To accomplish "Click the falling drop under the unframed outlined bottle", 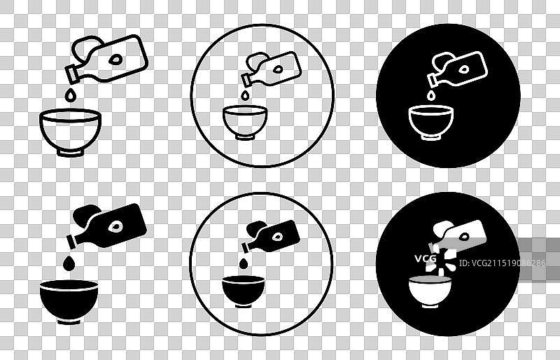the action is [71, 95].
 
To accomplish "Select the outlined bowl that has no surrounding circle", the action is [71, 132].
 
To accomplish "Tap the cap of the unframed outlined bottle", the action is [72, 74].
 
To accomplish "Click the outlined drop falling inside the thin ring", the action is [244, 95].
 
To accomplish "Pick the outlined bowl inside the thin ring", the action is [244, 123].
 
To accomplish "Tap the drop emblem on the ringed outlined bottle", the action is [278, 69].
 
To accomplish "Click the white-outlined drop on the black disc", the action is [431, 95].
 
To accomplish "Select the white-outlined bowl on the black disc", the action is [431, 123].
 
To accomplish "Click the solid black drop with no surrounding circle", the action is [69, 263].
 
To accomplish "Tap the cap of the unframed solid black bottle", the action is [71, 242].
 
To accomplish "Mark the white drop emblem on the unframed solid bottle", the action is [115, 227].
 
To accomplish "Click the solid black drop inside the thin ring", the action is [244, 263].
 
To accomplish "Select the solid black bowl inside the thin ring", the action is [243, 291].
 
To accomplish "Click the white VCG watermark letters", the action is [426, 258].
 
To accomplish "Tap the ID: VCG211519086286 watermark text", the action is [502, 263].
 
